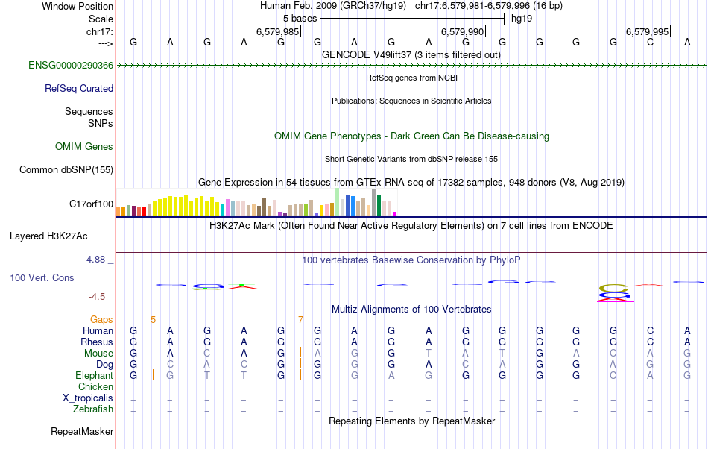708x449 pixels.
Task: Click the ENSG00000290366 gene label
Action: (x=71, y=66)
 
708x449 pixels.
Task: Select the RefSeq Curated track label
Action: (x=79, y=88)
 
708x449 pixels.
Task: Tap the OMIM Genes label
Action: (x=84, y=146)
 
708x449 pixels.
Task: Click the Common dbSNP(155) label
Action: (x=66, y=169)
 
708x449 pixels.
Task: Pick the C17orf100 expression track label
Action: (x=91, y=204)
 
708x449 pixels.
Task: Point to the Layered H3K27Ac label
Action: (x=48, y=236)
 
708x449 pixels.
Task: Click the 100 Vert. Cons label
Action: (x=42, y=277)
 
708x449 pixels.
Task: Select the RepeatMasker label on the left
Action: (x=82, y=431)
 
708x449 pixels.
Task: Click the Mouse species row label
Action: (x=98, y=353)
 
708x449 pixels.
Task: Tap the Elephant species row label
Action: (x=94, y=375)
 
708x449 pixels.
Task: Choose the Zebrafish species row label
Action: (x=93, y=409)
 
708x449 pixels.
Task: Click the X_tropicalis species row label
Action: (x=88, y=398)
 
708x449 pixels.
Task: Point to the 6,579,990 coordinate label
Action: (x=463, y=31)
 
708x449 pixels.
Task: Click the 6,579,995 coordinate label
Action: (x=647, y=31)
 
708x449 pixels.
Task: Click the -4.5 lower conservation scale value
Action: (x=98, y=296)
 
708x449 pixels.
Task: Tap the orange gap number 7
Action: (x=300, y=319)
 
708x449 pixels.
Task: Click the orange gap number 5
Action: (x=153, y=319)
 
